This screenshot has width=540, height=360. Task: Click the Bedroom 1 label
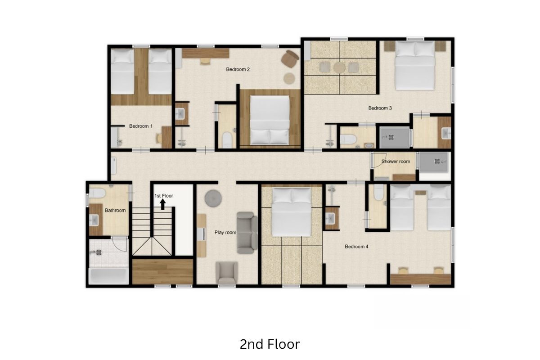141,126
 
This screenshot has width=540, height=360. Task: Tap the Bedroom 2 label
238,69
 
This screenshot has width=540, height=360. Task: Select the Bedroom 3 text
380,108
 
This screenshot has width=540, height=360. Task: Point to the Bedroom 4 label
356,247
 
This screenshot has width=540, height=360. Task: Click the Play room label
225,233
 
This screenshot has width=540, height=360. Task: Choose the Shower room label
396,162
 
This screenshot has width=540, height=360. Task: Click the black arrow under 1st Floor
163,204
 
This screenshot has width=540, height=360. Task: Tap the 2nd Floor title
270,344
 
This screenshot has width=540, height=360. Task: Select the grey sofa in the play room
247,233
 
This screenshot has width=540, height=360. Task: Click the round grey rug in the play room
213,198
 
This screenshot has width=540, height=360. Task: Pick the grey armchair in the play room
227,273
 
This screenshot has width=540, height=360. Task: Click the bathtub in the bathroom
108,276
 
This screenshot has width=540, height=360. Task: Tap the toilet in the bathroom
97,193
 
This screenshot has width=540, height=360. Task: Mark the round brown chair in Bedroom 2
290,58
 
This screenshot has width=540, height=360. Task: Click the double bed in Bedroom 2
270,120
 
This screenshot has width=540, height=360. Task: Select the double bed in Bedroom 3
415,66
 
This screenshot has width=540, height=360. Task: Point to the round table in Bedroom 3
339,67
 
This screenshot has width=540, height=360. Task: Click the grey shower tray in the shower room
434,162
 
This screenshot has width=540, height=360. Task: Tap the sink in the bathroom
94,220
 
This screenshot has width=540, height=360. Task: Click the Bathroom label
115,211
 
